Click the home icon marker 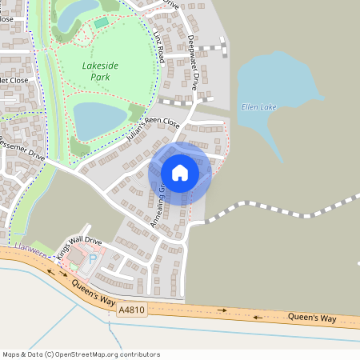pyautogui.click(x=180, y=172)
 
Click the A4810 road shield pyautogui.click(x=131, y=308)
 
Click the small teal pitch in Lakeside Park pyautogui.click(x=100, y=22)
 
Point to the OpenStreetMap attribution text pyautogui.click(x=81, y=354)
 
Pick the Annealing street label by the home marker pyautogui.click(x=158, y=206)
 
